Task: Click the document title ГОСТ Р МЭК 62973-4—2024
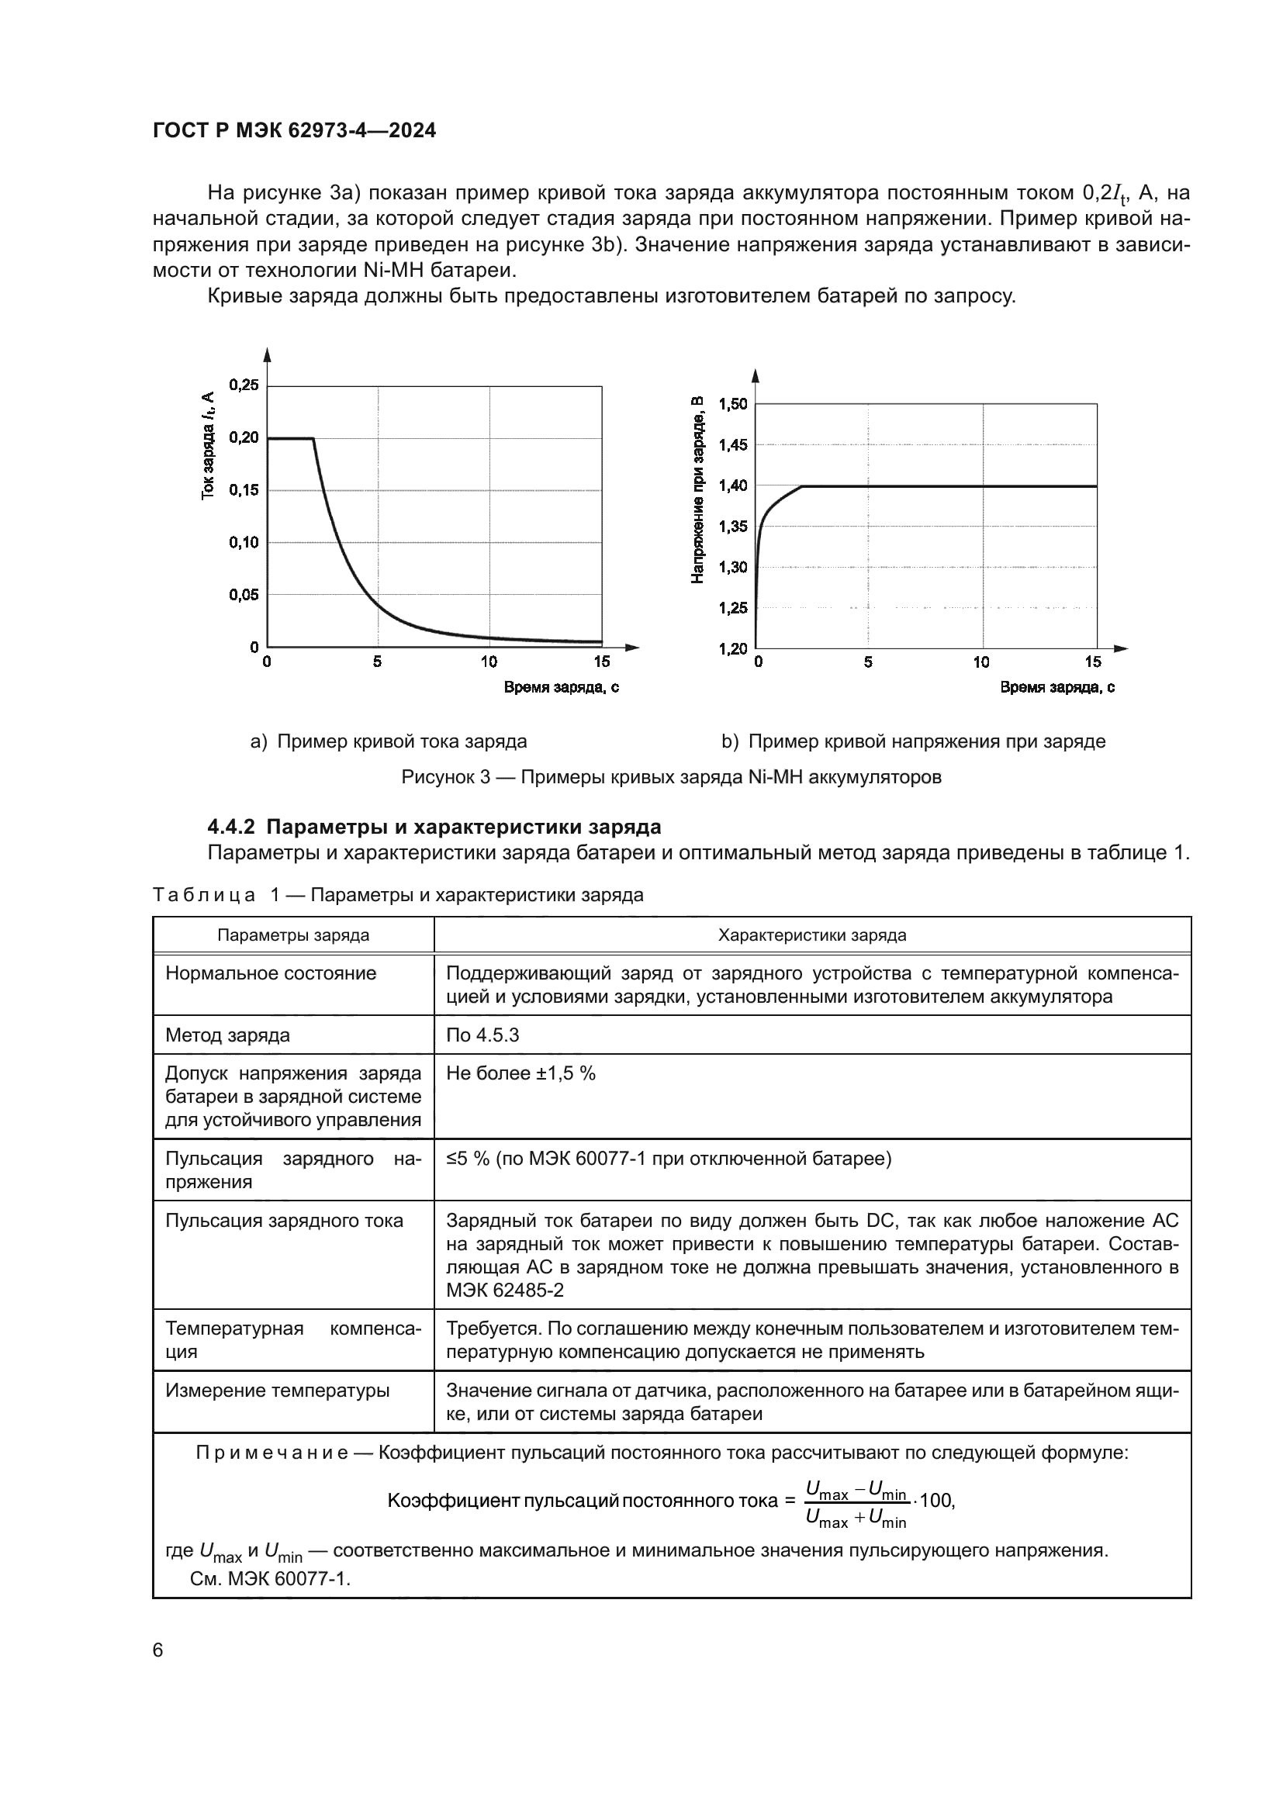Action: pos(294,131)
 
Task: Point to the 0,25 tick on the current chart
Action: pos(244,385)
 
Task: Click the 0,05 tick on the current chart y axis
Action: pos(244,595)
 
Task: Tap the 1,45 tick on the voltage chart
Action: pos(732,445)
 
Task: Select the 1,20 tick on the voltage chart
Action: pos(732,648)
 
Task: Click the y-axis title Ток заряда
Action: pos(207,446)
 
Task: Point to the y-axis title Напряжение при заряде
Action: pos(697,490)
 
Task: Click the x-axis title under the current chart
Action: pos(561,687)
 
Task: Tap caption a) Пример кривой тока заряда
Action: pos(389,741)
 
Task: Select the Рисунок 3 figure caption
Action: pos(671,776)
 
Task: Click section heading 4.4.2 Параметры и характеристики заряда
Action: pos(434,828)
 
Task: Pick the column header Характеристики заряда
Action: pos(811,935)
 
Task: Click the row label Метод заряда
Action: pos(227,1035)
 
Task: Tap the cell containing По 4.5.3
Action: pos(482,1035)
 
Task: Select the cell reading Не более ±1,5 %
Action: pos(520,1073)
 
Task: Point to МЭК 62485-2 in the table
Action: pos(505,1291)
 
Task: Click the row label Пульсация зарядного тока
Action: pos(284,1221)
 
